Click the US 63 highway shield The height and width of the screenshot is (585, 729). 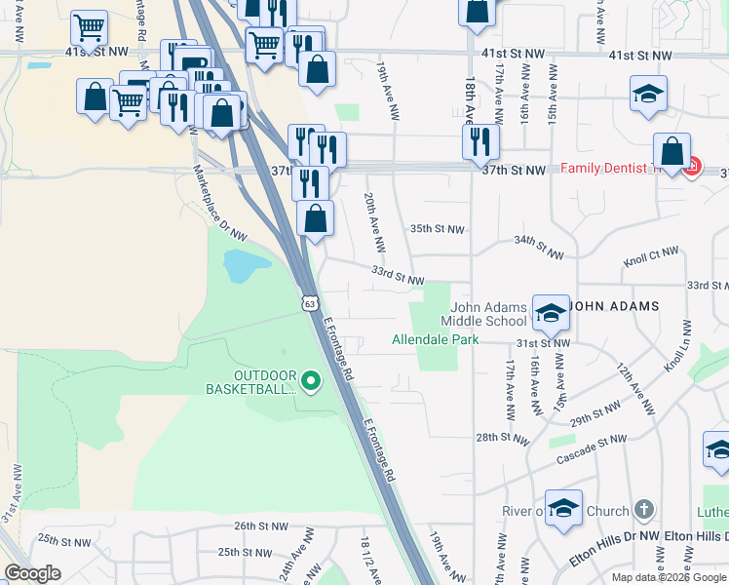309,303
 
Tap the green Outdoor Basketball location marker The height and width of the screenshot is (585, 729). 311,380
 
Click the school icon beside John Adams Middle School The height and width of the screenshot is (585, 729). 551,312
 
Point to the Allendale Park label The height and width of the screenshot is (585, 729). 436,340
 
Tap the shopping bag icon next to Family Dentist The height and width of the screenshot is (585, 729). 671,152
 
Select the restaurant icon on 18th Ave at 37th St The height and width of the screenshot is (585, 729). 480,141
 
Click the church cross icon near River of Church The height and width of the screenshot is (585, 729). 642,510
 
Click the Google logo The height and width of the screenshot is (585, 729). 33,573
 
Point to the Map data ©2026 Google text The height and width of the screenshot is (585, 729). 669,577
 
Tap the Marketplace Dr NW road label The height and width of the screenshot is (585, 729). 219,203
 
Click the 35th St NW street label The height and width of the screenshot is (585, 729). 437,229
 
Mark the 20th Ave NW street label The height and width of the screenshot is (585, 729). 374,221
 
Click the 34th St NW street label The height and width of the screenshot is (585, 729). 539,247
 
